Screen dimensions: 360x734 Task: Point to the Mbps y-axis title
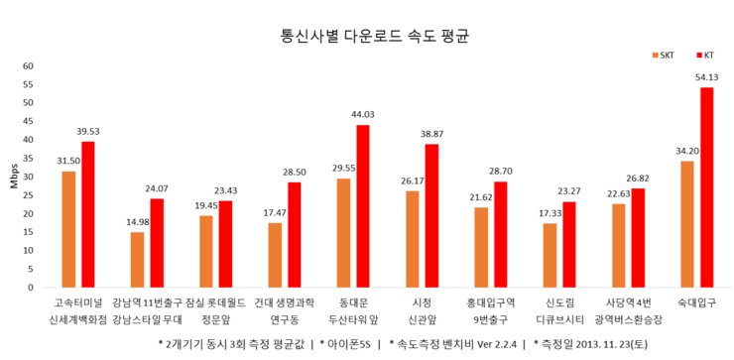click(x=14, y=177)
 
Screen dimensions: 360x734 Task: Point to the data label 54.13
click(x=707, y=76)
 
